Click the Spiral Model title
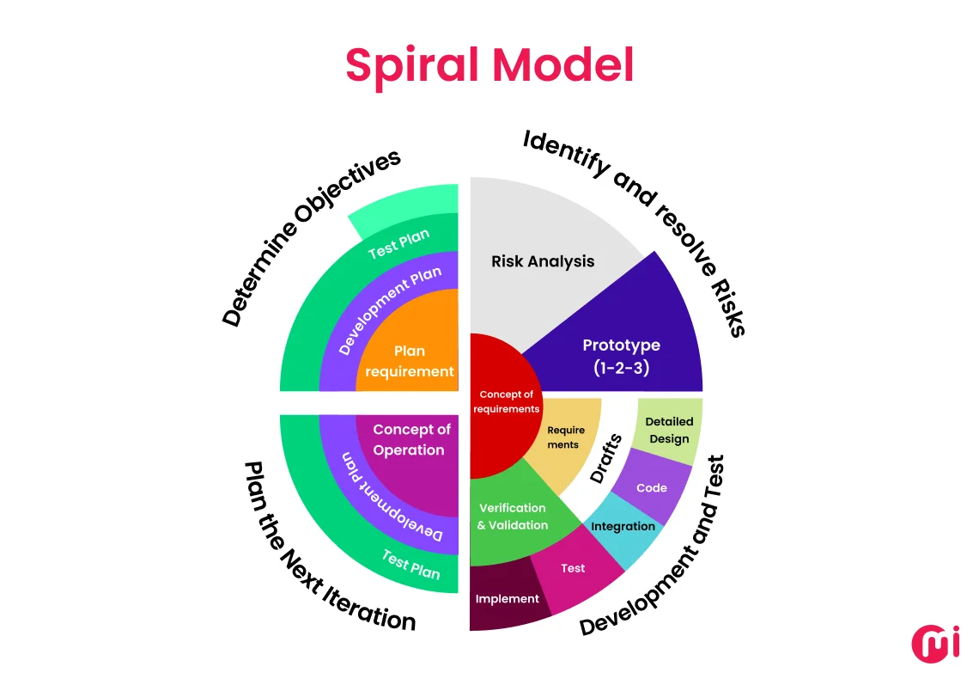click(x=489, y=65)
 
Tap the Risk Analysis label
click(x=543, y=261)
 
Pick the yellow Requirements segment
click(x=565, y=437)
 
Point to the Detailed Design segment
click(x=669, y=430)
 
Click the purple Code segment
click(x=652, y=487)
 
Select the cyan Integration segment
click(x=623, y=526)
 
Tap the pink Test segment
click(x=573, y=568)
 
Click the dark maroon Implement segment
click(x=507, y=599)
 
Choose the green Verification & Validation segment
click(x=512, y=517)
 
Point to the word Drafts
click(x=606, y=459)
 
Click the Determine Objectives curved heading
click(x=310, y=237)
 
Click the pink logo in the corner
click(x=934, y=644)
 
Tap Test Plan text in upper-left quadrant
click(x=398, y=244)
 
